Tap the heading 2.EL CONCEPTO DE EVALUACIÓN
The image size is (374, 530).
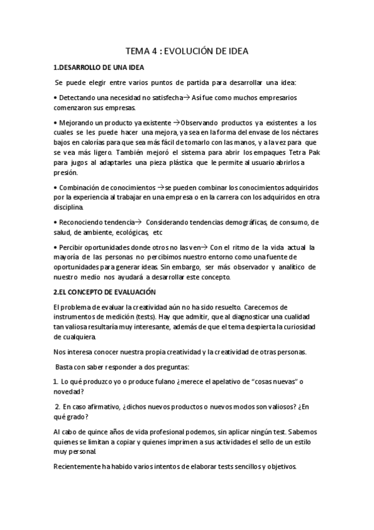coord(104,292)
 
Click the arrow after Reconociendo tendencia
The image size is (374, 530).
coord(138,222)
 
